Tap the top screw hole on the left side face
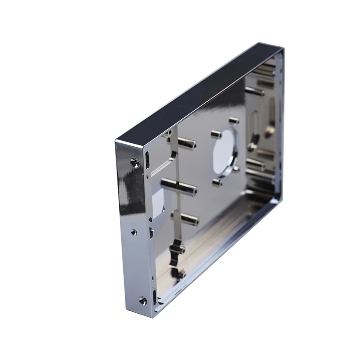[x=133, y=161]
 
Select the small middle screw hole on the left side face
[x=134, y=232]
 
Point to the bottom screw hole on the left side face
[x=142, y=299]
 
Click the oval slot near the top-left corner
[x=148, y=159]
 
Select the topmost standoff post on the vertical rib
[x=185, y=144]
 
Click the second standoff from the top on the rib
[x=180, y=185]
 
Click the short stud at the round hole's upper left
[x=216, y=134]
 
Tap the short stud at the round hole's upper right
[x=233, y=121]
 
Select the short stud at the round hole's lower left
[x=217, y=182]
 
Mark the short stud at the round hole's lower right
[x=236, y=169]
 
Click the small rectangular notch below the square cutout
[x=151, y=233]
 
